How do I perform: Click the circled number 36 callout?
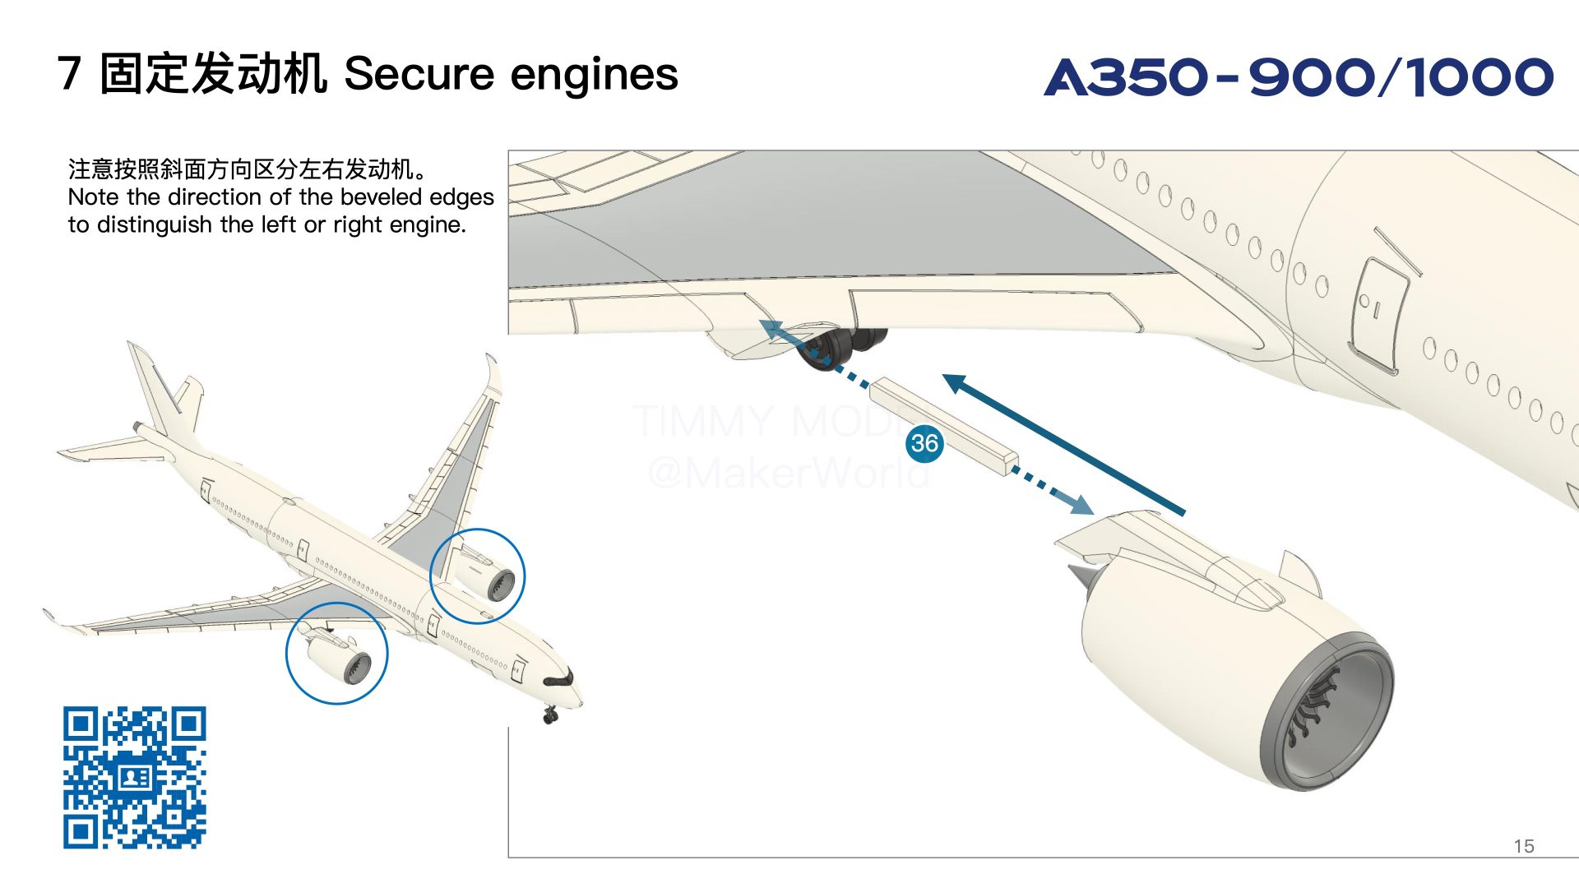924,443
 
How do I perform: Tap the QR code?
135,777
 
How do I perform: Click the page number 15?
1523,846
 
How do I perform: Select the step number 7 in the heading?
69,74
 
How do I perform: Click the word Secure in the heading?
418,74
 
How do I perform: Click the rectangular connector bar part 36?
944,424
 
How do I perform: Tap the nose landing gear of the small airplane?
549,715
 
